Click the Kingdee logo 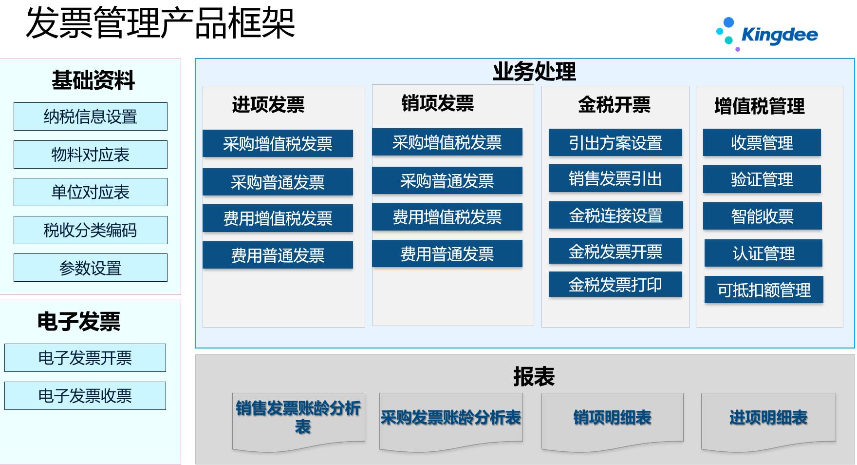tap(767, 34)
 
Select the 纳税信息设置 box tap(91, 116)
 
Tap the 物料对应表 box tap(91, 155)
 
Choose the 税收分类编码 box tap(91, 230)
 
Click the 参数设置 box tap(91, 268)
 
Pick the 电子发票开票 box tap(85, 358)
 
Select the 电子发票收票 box tap(85, 396)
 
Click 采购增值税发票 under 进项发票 tap(278, 143)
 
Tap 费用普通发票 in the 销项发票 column tap(447, 253)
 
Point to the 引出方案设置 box tap(615, 142)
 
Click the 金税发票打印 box tap(615, 284)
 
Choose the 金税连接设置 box tap(616, 215)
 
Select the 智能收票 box tap(763, 216)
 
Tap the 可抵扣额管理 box tap(764, 290)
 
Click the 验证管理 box tap(762, 179)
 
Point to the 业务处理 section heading tap(534, 72)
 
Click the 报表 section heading tap(534, 376)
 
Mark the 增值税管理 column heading tap(759, 106)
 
